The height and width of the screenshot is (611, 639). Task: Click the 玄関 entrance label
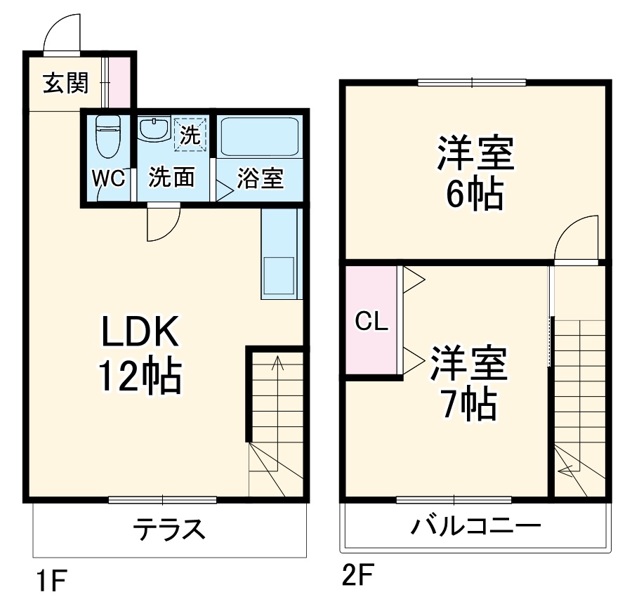[66, 84]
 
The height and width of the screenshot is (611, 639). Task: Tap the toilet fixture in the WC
[109, 136]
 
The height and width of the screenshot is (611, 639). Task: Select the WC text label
[109, 178]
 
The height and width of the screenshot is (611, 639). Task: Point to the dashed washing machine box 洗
[190, 133]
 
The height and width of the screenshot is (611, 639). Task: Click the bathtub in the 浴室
[259, 136]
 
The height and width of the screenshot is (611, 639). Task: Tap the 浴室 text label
[260, 178]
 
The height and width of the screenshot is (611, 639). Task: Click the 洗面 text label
[171, 178]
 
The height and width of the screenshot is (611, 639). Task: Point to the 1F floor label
[51, 582]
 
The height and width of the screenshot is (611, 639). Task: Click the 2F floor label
[358, 577]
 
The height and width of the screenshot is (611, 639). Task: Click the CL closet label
[370, 322]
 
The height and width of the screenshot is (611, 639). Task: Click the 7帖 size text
[468, 402]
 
